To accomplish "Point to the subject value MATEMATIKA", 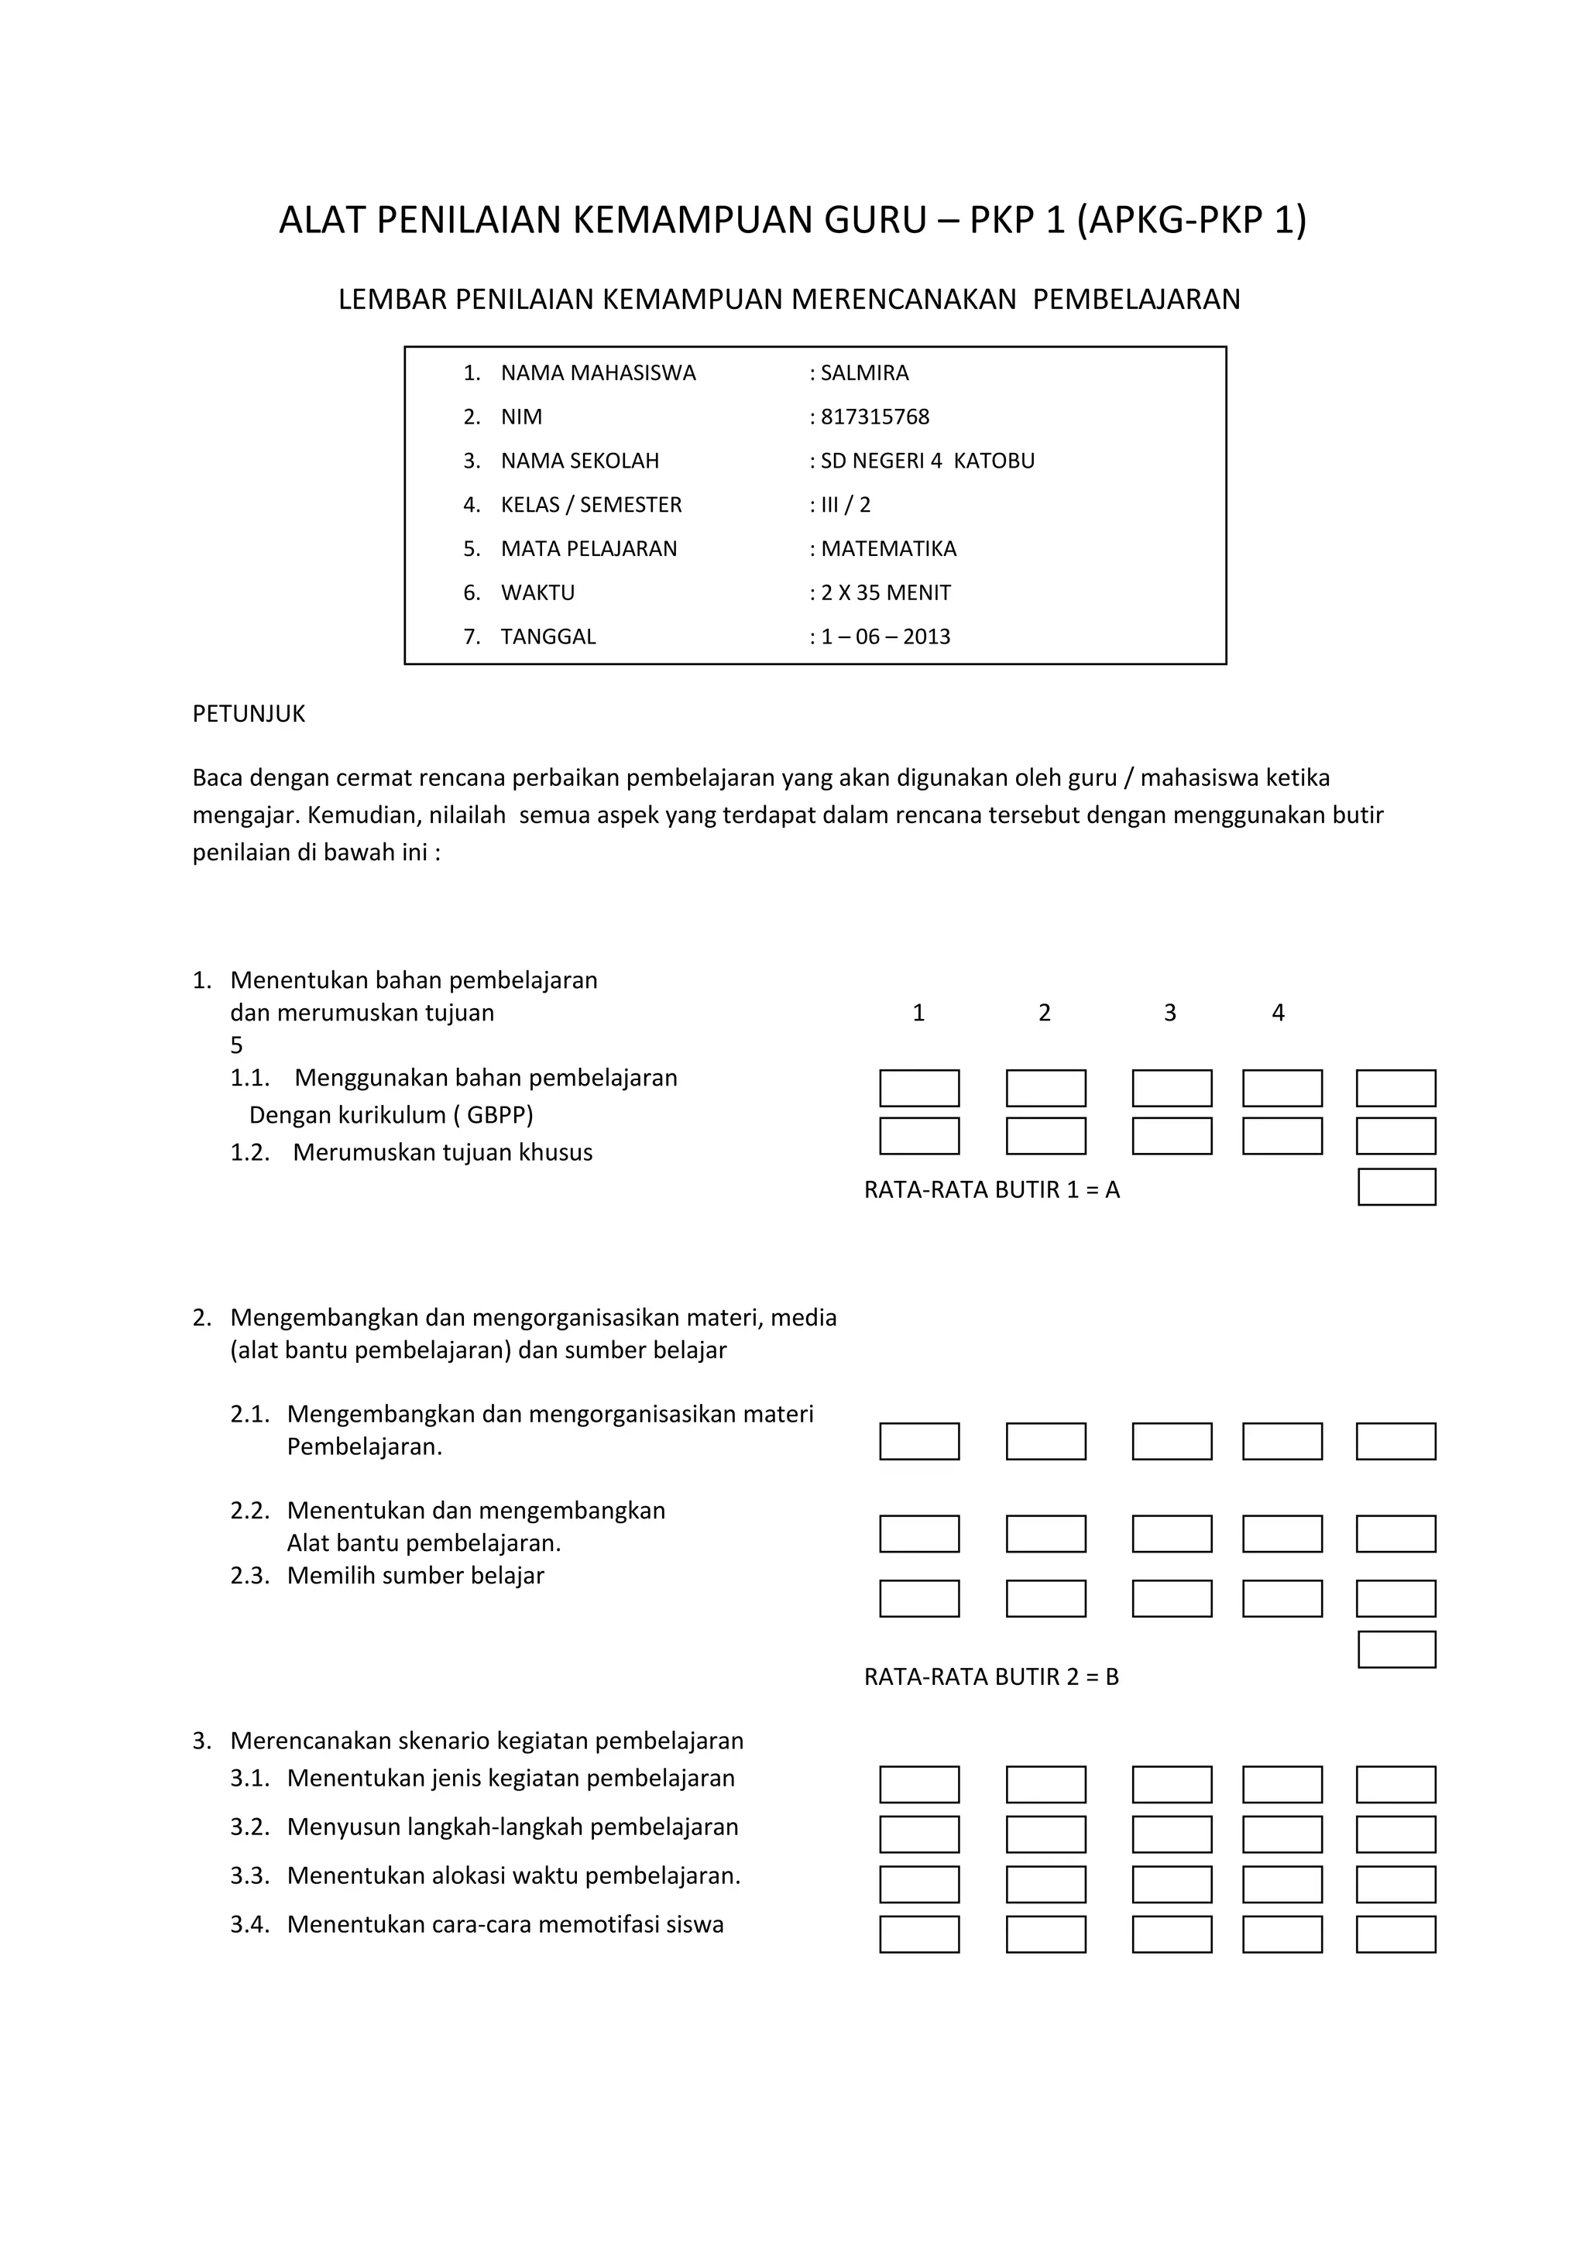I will coord(887,548).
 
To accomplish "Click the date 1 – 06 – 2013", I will coord(884,636).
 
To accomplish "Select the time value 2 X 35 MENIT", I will coord(884,592).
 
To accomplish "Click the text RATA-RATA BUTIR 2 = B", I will coord(991,1676).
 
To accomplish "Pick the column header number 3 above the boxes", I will coord(1169,1013).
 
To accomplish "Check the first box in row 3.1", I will coord(918,1784).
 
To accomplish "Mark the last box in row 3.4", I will coord(1395,1934).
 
